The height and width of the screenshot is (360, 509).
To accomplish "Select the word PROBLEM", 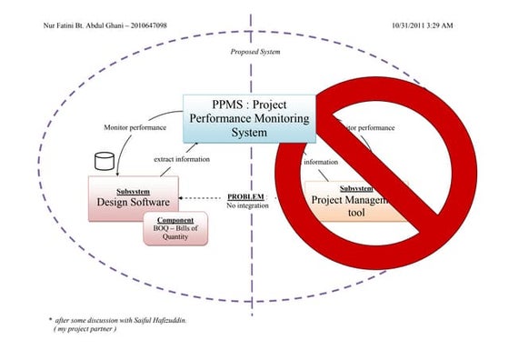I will [x=245, y=196].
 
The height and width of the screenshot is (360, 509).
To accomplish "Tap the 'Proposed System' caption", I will [x=255, y=53].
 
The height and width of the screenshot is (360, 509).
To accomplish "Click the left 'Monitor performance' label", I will [x=134, y=127].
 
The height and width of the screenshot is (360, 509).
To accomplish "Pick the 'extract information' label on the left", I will [x=182, y=159].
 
